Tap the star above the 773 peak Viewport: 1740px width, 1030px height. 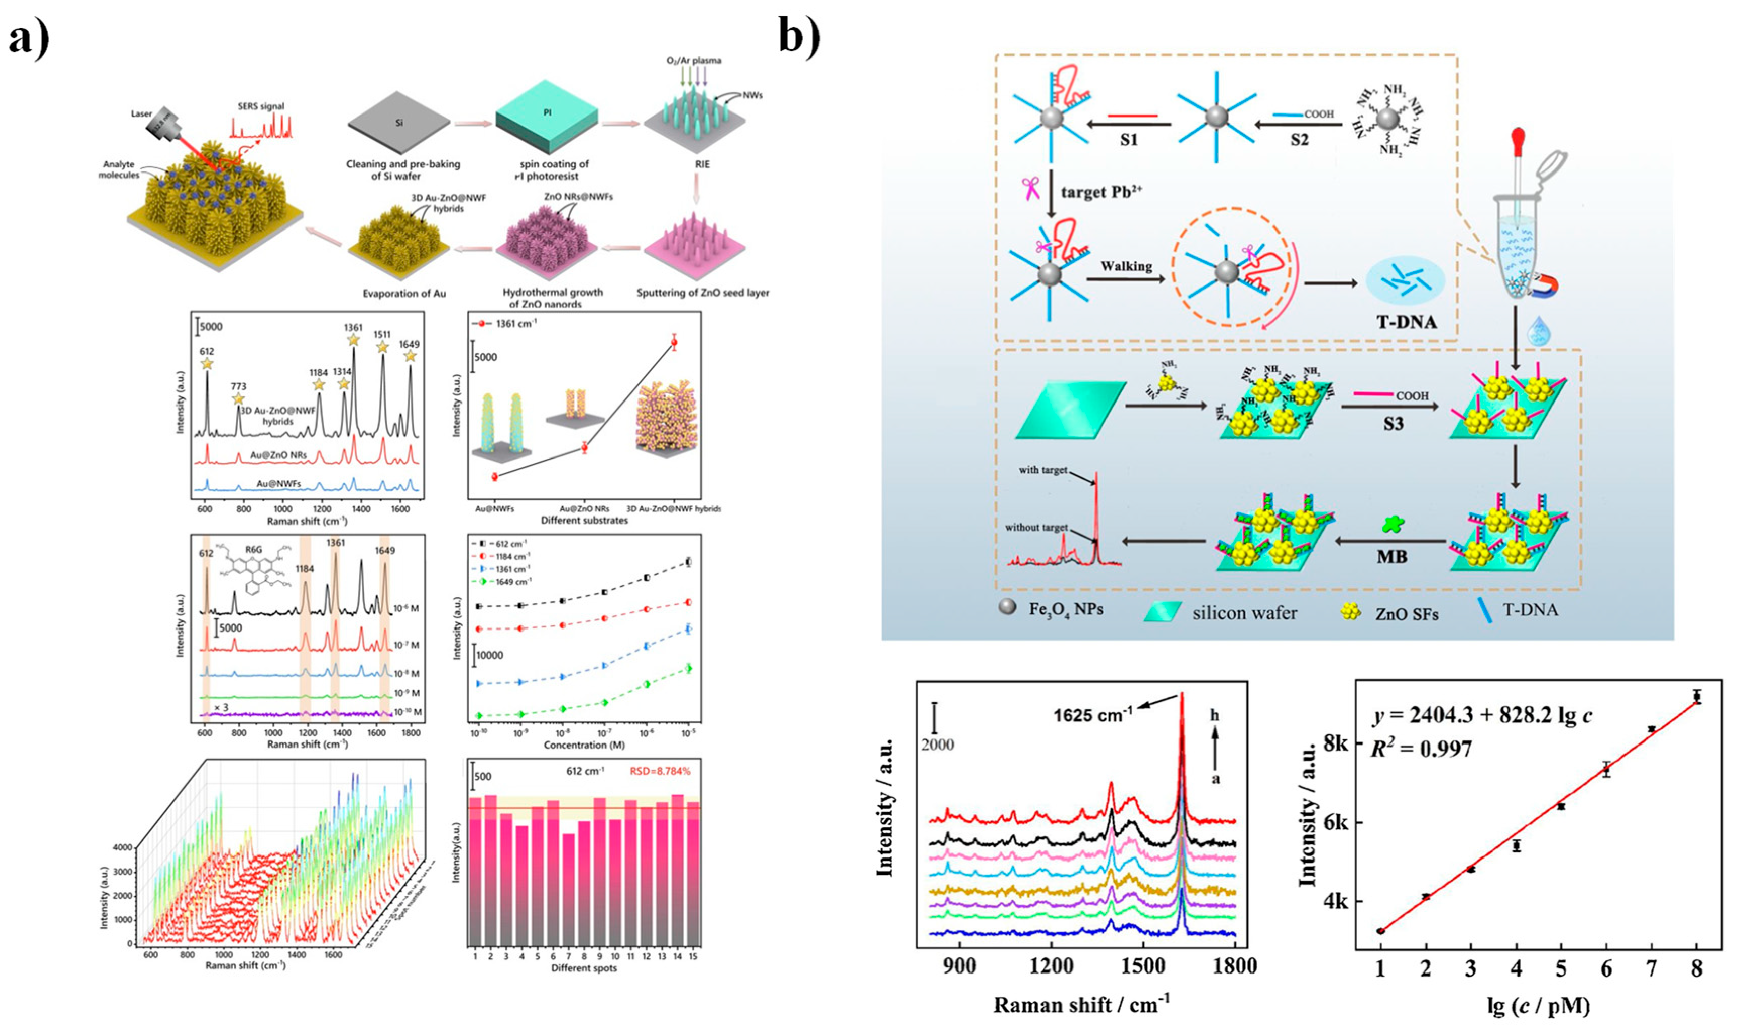238,399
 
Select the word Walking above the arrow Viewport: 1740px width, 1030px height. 1126,266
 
